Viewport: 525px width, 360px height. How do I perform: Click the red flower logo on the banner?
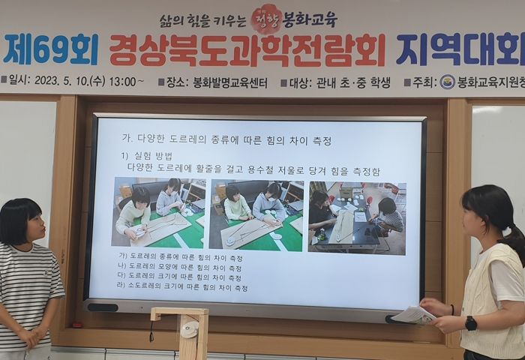266,17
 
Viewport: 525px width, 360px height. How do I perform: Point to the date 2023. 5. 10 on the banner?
68,82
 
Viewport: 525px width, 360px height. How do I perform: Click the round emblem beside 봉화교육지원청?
447,82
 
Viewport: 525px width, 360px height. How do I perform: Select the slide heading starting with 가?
226,139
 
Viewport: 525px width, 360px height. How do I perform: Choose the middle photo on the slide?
256,214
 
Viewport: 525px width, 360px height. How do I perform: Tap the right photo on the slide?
357,216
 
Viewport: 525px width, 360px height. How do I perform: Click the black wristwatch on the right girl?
470,323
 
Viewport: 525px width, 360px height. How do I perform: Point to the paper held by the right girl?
413,315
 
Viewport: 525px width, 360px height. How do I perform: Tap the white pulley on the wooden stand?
190,328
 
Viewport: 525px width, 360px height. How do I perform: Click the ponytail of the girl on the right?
516,240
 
